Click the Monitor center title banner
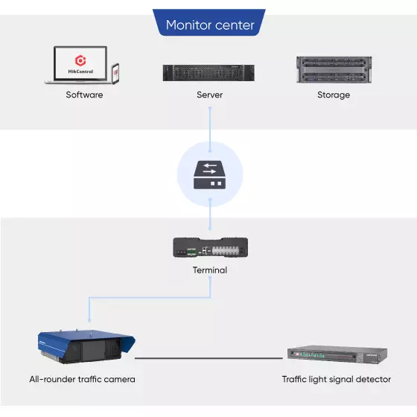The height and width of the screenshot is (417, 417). click(209, 23)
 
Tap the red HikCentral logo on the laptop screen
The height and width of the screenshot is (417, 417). click(80, 60)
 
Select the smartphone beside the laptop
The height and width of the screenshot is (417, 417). click(115, 74)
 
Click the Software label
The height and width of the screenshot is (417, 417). click(84, 95)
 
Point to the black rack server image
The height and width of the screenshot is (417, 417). click(208, 73)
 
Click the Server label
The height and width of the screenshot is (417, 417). click(209, 95)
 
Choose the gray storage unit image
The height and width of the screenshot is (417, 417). click(334, 70)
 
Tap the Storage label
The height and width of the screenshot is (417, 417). click(334, 95)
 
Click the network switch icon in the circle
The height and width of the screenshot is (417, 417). click(209, 175)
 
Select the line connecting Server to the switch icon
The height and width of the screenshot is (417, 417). click(210, 130)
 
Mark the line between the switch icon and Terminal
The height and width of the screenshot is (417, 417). click(210, 214)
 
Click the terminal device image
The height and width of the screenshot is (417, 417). click(210, 247)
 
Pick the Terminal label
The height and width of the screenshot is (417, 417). click(210, 270)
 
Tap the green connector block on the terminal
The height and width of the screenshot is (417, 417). click(191, 252)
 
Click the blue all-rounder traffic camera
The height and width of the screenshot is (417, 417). click(86, 346)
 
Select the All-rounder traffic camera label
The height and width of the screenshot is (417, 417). click(82, 379)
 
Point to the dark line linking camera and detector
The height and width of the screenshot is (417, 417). click(208, 358)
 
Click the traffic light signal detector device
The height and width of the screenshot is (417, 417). click(337, 354)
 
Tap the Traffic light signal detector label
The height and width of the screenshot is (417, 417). click(337, 380)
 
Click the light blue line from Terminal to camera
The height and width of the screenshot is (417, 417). click(150, 298)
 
